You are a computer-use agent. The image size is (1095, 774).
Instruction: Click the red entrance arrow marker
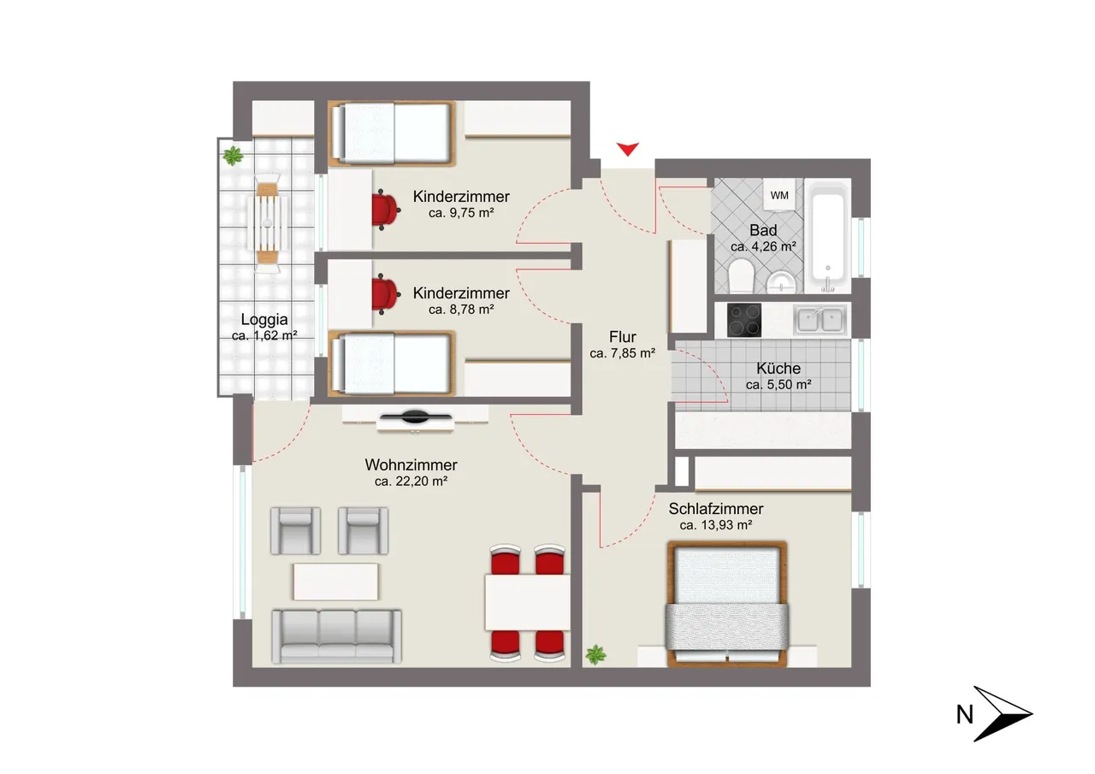point(627,149)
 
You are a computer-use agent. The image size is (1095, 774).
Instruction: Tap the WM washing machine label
point(779,196)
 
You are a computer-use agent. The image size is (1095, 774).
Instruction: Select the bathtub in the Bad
point(827,237)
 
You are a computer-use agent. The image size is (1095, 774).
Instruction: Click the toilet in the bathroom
point(741,275)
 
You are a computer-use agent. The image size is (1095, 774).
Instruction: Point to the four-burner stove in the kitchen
point(744,320)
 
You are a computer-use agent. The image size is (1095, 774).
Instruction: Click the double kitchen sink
point(820,320)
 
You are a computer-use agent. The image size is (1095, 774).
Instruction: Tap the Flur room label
point(622,337)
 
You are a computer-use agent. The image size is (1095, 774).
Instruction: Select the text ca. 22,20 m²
point(411,482)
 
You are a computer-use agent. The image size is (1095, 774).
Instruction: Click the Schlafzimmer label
point(716,509)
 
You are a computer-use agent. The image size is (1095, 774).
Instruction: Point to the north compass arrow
point(1003,714)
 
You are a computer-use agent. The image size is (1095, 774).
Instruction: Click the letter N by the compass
point(964,715)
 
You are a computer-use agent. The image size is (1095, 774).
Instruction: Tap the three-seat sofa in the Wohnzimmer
point(337,636)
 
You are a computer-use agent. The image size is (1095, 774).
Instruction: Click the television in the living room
point(416,417)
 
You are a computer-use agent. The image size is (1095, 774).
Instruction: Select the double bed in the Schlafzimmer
point(727,604)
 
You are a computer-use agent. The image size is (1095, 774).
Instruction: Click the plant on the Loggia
point(233,156)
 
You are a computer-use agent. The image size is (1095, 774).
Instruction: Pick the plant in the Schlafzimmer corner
point(595,655)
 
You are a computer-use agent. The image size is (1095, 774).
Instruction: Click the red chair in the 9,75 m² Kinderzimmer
point(386,210)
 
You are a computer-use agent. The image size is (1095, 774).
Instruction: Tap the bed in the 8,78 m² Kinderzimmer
point(392,363)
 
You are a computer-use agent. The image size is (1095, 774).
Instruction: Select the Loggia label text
point(264,320)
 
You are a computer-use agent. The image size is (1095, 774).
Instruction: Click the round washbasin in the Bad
point(782,283)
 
